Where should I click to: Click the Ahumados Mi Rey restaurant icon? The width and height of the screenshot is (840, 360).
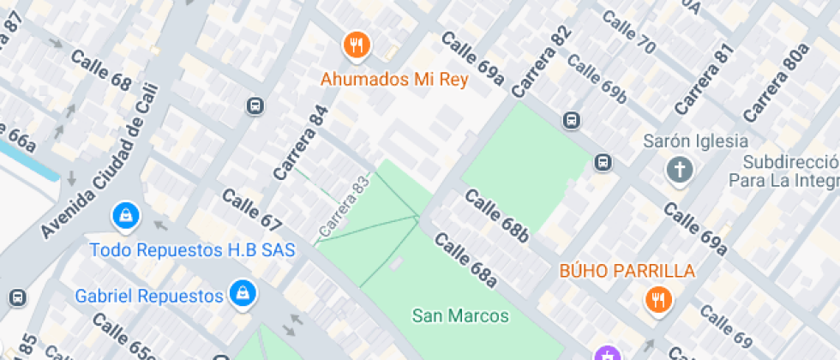click(x=356, y=45)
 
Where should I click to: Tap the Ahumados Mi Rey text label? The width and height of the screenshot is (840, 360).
click(x=394, y=81)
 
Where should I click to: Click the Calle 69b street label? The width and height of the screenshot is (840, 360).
click(x=597, y=80)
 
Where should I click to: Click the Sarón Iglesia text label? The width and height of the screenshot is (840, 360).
click(x=696, y=141)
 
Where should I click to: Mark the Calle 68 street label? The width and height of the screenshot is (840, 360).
click(x=101, y=71)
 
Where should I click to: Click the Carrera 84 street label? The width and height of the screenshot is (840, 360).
click(x=301, y=142)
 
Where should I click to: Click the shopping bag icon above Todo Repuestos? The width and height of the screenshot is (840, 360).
click(x=126, y=216)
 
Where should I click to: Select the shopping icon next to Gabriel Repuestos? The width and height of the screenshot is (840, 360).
click(x=243, y=292)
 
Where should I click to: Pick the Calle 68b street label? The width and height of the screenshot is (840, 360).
click(x=497, y=215)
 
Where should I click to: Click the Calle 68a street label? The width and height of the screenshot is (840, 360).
click(x=465, y=259)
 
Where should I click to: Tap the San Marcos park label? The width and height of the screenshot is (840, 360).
click(x=460, y=316)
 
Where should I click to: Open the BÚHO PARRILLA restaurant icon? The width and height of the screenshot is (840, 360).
click(x=658, y=300)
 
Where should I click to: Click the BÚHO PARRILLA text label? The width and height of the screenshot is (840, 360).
click(x=627, y=271)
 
